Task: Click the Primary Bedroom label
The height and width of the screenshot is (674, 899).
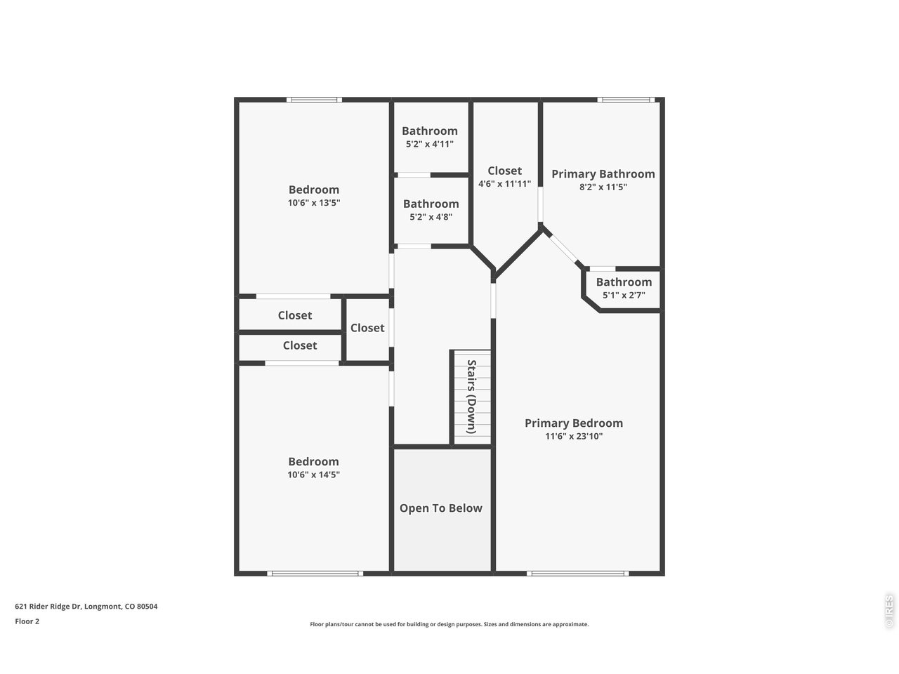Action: pos(573,423)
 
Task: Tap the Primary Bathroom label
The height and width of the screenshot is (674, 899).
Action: pos(603,174)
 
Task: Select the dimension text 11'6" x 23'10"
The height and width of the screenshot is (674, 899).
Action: pos(573,436)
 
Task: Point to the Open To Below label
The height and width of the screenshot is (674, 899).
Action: pos(440,508)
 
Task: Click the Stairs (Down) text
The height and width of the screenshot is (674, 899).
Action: pos(472,397)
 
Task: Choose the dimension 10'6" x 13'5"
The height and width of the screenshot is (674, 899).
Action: pos(314,203)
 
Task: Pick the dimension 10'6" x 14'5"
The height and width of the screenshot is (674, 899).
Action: pos(313,475)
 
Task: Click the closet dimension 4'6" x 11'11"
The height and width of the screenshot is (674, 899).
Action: pos(504,184)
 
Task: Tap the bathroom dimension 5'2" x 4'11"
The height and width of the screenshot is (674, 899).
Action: pos(430,144)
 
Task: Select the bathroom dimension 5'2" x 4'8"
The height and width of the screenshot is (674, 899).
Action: pos(431,217)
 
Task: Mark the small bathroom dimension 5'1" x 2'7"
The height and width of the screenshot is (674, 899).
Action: pos(624,295)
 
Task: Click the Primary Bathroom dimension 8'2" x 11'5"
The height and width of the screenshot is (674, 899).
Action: pos(603,187)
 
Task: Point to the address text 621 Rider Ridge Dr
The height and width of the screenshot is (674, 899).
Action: pos(48,607)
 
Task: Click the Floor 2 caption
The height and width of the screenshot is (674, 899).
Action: pos(27,621)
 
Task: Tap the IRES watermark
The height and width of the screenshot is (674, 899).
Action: pos(889,611)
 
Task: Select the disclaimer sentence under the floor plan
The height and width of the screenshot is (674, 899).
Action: pos(449,624)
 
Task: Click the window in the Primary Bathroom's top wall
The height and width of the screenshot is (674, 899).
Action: pos(626,100)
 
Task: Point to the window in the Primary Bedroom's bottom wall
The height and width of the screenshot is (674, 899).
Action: pos(577,574)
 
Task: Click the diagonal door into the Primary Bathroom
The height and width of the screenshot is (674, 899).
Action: pos(563,247)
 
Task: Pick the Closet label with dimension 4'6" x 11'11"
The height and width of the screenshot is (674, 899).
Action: pos(504,171)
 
